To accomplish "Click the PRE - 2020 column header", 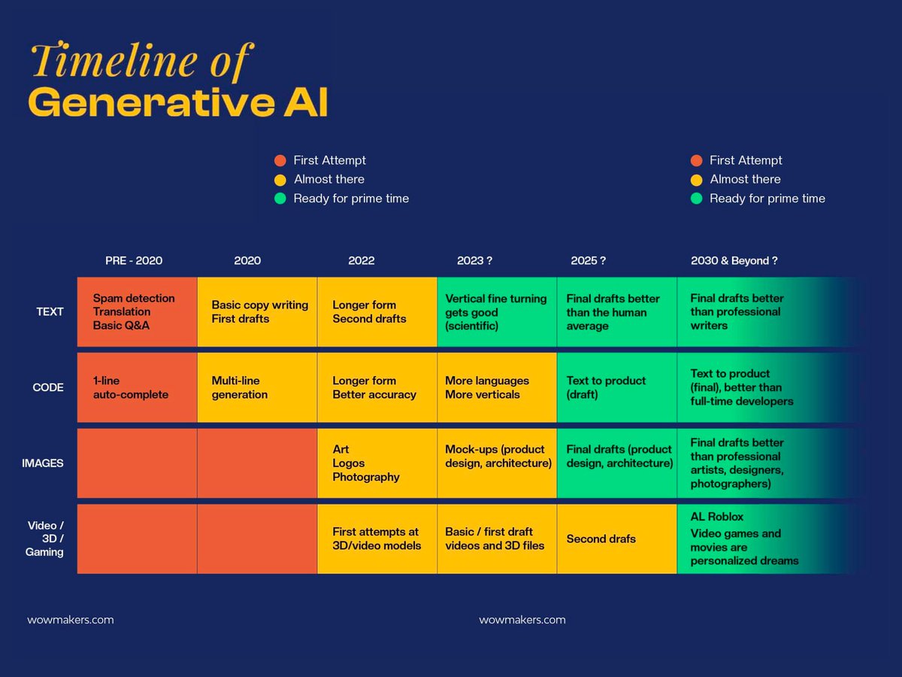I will (x=134, y=261).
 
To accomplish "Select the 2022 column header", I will (x=361, y=261).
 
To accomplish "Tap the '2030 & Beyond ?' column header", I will (x=734, y=261).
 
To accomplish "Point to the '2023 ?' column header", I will (x=474, y=261).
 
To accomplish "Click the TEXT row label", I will (x=50, y=311).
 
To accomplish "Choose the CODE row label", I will (x=48, y=387).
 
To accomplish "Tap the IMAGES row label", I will (x=43, y=463).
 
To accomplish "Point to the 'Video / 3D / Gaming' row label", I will (x=44, y=539).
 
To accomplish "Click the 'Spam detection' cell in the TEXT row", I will (x=137, y=311).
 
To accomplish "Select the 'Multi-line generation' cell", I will (x=256, y=387).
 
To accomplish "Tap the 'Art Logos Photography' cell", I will (x=377, y=463).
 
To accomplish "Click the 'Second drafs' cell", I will (x=616, y=539).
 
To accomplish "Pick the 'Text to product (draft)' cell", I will (x=616, y=387).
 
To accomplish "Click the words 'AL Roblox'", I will (x=717, y=517).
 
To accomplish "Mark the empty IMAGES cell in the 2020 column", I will (x=257, y=463).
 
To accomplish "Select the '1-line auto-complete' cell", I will (x=137, y=387).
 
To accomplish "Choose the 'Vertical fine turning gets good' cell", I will (x=496, y=311).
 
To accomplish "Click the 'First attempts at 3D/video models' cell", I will (x=377, y=539).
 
